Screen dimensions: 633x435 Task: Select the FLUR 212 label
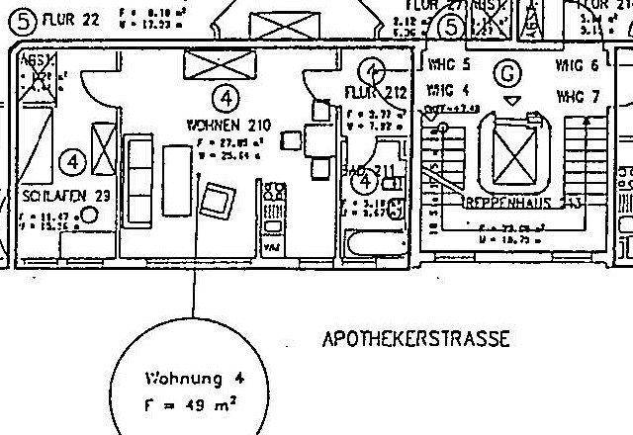[x=376, y=93]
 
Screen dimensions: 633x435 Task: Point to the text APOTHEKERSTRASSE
[x=414, y=339]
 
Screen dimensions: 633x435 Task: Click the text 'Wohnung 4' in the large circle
[x=194, y=379]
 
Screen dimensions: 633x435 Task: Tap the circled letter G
[x=508, y=73]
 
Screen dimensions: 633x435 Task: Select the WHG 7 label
[x=578, y=97]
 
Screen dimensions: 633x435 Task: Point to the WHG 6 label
[x=578, y=66]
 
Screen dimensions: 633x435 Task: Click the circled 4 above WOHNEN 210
[x=226, y=99]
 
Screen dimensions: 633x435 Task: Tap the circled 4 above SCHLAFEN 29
[x=73, y=160]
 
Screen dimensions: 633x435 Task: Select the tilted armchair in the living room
[x=217, y=201]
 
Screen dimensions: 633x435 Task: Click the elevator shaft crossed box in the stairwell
[x=514, y=153]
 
